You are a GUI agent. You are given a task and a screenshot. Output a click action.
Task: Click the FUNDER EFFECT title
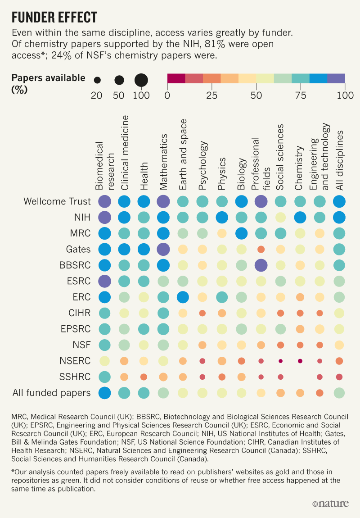tap(54, 17)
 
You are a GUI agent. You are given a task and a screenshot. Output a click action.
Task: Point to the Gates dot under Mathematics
tap(163, 249)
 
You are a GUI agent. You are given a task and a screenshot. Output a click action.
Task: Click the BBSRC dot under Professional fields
tap(261, 265)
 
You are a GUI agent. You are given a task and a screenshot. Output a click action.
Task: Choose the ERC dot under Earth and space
tap(183, 297)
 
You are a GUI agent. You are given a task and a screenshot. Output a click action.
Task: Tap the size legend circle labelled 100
tap(141, 80)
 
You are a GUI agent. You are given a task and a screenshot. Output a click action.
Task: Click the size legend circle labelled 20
tap(97, 80)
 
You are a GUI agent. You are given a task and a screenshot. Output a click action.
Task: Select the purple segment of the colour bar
tap(336, 78)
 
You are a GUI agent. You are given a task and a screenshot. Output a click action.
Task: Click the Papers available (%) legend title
tap(48, 83)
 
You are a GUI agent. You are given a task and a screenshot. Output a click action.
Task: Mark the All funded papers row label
tap(51, 393)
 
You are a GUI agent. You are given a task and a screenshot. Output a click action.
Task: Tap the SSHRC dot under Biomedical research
tap(104, 377)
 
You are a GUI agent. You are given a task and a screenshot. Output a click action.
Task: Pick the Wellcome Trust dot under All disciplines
tap(339, 201)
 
